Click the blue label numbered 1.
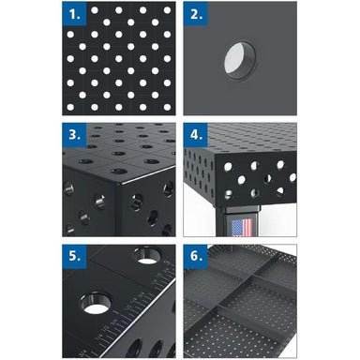point(74,13)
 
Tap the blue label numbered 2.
point(195,13)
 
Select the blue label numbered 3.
point(74,135)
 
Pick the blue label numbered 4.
point(195,135)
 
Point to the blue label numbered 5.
point(74,256)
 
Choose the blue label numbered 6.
point(195,256)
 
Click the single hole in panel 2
point(240,62)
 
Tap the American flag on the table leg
point(242,228)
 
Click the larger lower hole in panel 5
point(96,303)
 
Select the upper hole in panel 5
point(147,255)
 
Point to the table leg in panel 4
point(237,221)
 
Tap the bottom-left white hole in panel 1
point(70,107)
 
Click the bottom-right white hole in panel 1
point(167,107)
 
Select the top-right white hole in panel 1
point(167,10)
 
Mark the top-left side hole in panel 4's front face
point(228,167)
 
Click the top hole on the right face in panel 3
point(168,188)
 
